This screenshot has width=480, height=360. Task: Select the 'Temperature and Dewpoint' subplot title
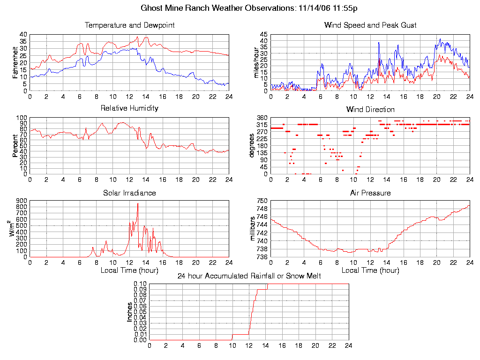coord(129,25)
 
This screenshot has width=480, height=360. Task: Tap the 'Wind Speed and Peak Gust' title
coord(370,25)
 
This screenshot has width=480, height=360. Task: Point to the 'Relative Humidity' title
coord(129,108)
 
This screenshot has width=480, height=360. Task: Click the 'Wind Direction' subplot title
coord(370,110)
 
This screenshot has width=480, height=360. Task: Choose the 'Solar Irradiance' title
coord(129,193)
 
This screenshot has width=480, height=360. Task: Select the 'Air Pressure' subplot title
coord(370,193)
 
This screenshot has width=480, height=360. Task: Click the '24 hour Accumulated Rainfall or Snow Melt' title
coord(249,276)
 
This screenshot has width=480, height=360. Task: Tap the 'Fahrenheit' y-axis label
coord(15,62)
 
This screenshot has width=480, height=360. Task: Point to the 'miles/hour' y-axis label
coord(256,62)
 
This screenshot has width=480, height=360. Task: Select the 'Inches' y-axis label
coord(130,312)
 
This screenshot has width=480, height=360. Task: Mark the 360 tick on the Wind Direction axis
coord(262,118)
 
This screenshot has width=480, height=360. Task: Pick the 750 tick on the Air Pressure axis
coord(262,201)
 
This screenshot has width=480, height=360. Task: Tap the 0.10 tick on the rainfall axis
coord(140,284)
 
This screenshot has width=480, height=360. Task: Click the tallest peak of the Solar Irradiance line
coord(138,203)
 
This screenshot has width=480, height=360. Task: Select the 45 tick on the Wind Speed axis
coord(263,35)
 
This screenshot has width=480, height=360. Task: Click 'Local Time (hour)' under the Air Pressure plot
coord(370,270)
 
